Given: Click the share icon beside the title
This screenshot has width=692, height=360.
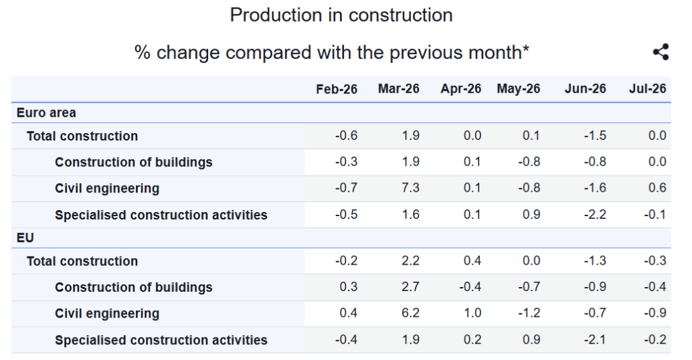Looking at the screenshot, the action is click(661, 52).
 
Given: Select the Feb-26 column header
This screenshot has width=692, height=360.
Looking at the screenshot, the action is click(337, 89).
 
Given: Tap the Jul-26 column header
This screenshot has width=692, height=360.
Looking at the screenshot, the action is click(647, 88).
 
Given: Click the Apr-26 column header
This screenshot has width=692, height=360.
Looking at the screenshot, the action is click(461, 88).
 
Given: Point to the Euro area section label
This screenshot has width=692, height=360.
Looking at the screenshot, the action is click(47, 113).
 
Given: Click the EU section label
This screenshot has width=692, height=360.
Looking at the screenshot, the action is click(25, 238).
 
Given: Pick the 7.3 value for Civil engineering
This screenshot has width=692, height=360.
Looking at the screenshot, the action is click(410, 188).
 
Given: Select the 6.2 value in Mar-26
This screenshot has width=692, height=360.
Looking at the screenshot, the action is click(410, 313).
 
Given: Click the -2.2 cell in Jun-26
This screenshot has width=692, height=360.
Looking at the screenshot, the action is click(595, 215).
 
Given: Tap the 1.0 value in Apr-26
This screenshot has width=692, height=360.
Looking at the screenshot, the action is click(472, 313).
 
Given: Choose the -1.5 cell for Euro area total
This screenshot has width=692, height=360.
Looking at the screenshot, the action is click(595, 136).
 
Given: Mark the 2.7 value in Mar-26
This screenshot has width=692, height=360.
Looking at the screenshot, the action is click(410, 287).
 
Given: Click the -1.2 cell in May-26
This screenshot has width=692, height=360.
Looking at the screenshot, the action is click(529, 313).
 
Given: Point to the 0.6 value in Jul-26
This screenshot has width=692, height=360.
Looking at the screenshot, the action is click(657, 188).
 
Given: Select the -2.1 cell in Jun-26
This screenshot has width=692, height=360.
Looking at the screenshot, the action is click(595, 340).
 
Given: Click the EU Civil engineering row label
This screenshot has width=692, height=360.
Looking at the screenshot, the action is click(107, 313).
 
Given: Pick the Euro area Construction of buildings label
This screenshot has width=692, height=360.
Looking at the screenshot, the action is click(134, 162).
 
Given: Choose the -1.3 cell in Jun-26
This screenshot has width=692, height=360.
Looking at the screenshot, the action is click(595, 261).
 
